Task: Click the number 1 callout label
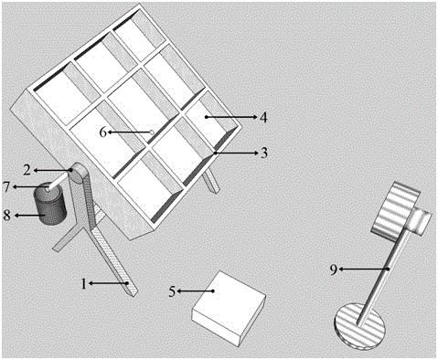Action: point(83,284)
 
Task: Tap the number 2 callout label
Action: point(27,170)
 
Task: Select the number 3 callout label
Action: point(264,153)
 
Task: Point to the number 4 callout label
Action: point(264,117)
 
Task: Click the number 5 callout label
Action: point(172,291)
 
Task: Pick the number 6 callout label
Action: point(103,132)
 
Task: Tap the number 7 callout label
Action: point(6,186)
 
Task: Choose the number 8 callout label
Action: point(6,216)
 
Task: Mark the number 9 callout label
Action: point(334,270)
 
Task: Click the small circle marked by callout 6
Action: point(152,132)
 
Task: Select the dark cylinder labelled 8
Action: point(50,204)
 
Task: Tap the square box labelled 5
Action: point(229,308)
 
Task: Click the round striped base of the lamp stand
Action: point(360,325)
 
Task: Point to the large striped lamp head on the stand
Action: point(396,211)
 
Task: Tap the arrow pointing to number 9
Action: point(365,269)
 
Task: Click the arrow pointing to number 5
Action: point(196,291)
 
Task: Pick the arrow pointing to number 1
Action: point(108,283)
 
